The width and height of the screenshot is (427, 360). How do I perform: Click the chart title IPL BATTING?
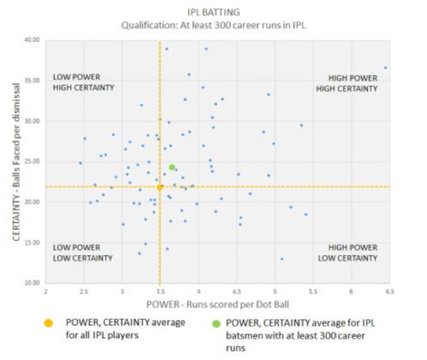(213, 12)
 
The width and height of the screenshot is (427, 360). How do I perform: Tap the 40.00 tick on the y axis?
(32, 40)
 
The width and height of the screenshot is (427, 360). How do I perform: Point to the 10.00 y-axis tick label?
(32, 283)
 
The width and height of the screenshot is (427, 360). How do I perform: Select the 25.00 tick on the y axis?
(32, 162)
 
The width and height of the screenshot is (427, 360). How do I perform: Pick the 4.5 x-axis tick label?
(237, 292)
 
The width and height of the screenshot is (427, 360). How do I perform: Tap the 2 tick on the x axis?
(46, 292)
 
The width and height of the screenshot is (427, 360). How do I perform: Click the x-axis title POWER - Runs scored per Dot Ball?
(218, 305)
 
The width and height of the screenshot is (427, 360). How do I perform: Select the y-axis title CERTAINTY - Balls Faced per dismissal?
(17, 162)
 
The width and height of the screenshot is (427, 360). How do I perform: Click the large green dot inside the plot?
(172, 167)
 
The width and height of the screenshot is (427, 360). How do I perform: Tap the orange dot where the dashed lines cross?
(160, 187)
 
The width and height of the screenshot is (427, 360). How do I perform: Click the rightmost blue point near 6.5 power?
(385, 68)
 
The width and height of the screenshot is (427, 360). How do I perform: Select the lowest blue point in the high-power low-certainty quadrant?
(282, 259)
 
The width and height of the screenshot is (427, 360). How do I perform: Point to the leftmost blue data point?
(80, 163)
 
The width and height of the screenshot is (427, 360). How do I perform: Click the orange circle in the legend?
(49, 323)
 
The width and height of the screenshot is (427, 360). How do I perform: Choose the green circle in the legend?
(216, 323)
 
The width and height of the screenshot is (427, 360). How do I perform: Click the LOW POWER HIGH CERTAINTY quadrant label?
(83, 82)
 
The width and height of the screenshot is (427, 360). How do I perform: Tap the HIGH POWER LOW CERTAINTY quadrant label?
(348, 253)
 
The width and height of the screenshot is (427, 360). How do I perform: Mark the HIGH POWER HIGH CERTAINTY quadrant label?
(347, 83)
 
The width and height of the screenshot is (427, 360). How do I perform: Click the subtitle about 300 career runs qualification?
(213, 25)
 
